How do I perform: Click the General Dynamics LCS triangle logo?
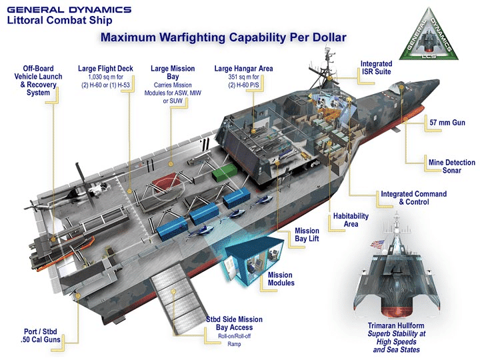click(x=433, y=41)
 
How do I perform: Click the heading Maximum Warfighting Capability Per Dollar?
click(x=223, y=37)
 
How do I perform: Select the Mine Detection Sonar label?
click(x=451, y=167)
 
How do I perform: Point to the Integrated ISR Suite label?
click(x=376, y=67)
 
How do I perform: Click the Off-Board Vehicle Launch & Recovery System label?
click(x=38, y=80)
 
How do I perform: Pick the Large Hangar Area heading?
click(x=243, y=68)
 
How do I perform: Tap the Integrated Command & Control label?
click(x=413, y=197)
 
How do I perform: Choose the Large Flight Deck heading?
click(x=105, y=68)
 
